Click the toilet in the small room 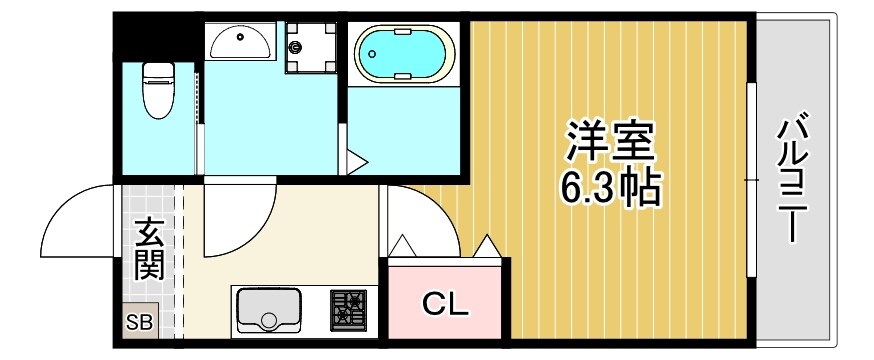[158, 89]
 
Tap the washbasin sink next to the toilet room [239, 45]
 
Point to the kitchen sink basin [268, 310]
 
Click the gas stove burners [348, 309]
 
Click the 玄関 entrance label [150, 250]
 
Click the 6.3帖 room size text [609, 187]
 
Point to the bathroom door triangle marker [357, 161]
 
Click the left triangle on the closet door [403, 245]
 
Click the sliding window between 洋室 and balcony [751, 180]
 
